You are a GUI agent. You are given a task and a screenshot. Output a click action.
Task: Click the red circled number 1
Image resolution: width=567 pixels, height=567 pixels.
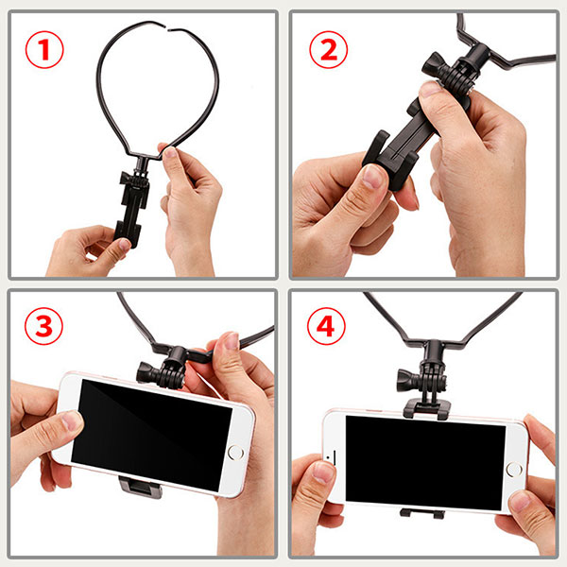click(x=44, y=49)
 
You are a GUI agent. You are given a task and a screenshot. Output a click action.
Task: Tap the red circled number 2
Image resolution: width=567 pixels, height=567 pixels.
click(x=328, y=49)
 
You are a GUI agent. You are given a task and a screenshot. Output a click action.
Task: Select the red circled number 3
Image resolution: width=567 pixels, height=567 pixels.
click(x=43, y=326)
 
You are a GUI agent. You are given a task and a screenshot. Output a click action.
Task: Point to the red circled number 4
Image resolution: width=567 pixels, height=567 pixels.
click(x=326, y=326)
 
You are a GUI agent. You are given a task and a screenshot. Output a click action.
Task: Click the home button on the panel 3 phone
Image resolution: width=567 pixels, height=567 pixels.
click(x=235, y=453)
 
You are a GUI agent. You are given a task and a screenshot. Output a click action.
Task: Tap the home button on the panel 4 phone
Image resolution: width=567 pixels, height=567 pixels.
click(x=514, y=469)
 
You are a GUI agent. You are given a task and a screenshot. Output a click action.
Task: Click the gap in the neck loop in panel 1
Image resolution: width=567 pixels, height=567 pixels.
click(x=167, y=26)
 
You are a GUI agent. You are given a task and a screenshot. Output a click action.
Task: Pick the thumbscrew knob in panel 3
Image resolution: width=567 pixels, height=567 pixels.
click(x=146, y=372)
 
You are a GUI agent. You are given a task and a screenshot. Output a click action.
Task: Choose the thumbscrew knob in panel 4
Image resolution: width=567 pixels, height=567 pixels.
click(x=408, y=381)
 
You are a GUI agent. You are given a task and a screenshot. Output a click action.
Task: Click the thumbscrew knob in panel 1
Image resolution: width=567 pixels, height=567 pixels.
click(x=126, y=178)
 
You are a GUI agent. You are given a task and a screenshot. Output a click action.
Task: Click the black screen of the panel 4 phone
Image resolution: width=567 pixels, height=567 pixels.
click(x=425, y=462)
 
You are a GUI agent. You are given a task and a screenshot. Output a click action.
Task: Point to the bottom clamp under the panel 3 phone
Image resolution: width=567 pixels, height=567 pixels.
click(x=141, y=487)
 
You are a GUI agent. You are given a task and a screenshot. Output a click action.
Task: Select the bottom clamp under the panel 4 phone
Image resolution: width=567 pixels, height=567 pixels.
click(x=421, y=513)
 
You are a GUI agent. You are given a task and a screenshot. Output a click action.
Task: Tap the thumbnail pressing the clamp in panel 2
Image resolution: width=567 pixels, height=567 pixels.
click(x=373, y=176)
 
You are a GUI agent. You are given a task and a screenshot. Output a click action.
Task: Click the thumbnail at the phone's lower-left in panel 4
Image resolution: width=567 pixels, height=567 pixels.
click(x=323, y=472)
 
